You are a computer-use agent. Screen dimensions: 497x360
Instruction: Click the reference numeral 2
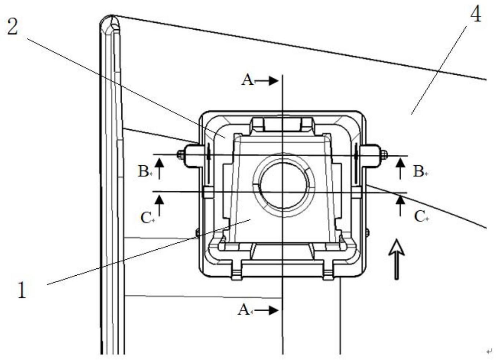12,27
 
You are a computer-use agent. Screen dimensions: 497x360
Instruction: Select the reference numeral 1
22,290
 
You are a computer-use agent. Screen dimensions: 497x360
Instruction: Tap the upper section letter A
248,80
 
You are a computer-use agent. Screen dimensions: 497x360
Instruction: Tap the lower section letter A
244,310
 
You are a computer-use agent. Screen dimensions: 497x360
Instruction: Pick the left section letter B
143,171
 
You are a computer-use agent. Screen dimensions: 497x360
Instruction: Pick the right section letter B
418,171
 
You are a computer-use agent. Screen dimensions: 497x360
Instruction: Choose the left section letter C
146,218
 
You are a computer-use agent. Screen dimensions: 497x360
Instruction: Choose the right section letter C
419,217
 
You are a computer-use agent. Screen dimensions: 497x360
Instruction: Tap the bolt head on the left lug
180,155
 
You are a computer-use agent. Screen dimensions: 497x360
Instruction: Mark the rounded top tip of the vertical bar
110,16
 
